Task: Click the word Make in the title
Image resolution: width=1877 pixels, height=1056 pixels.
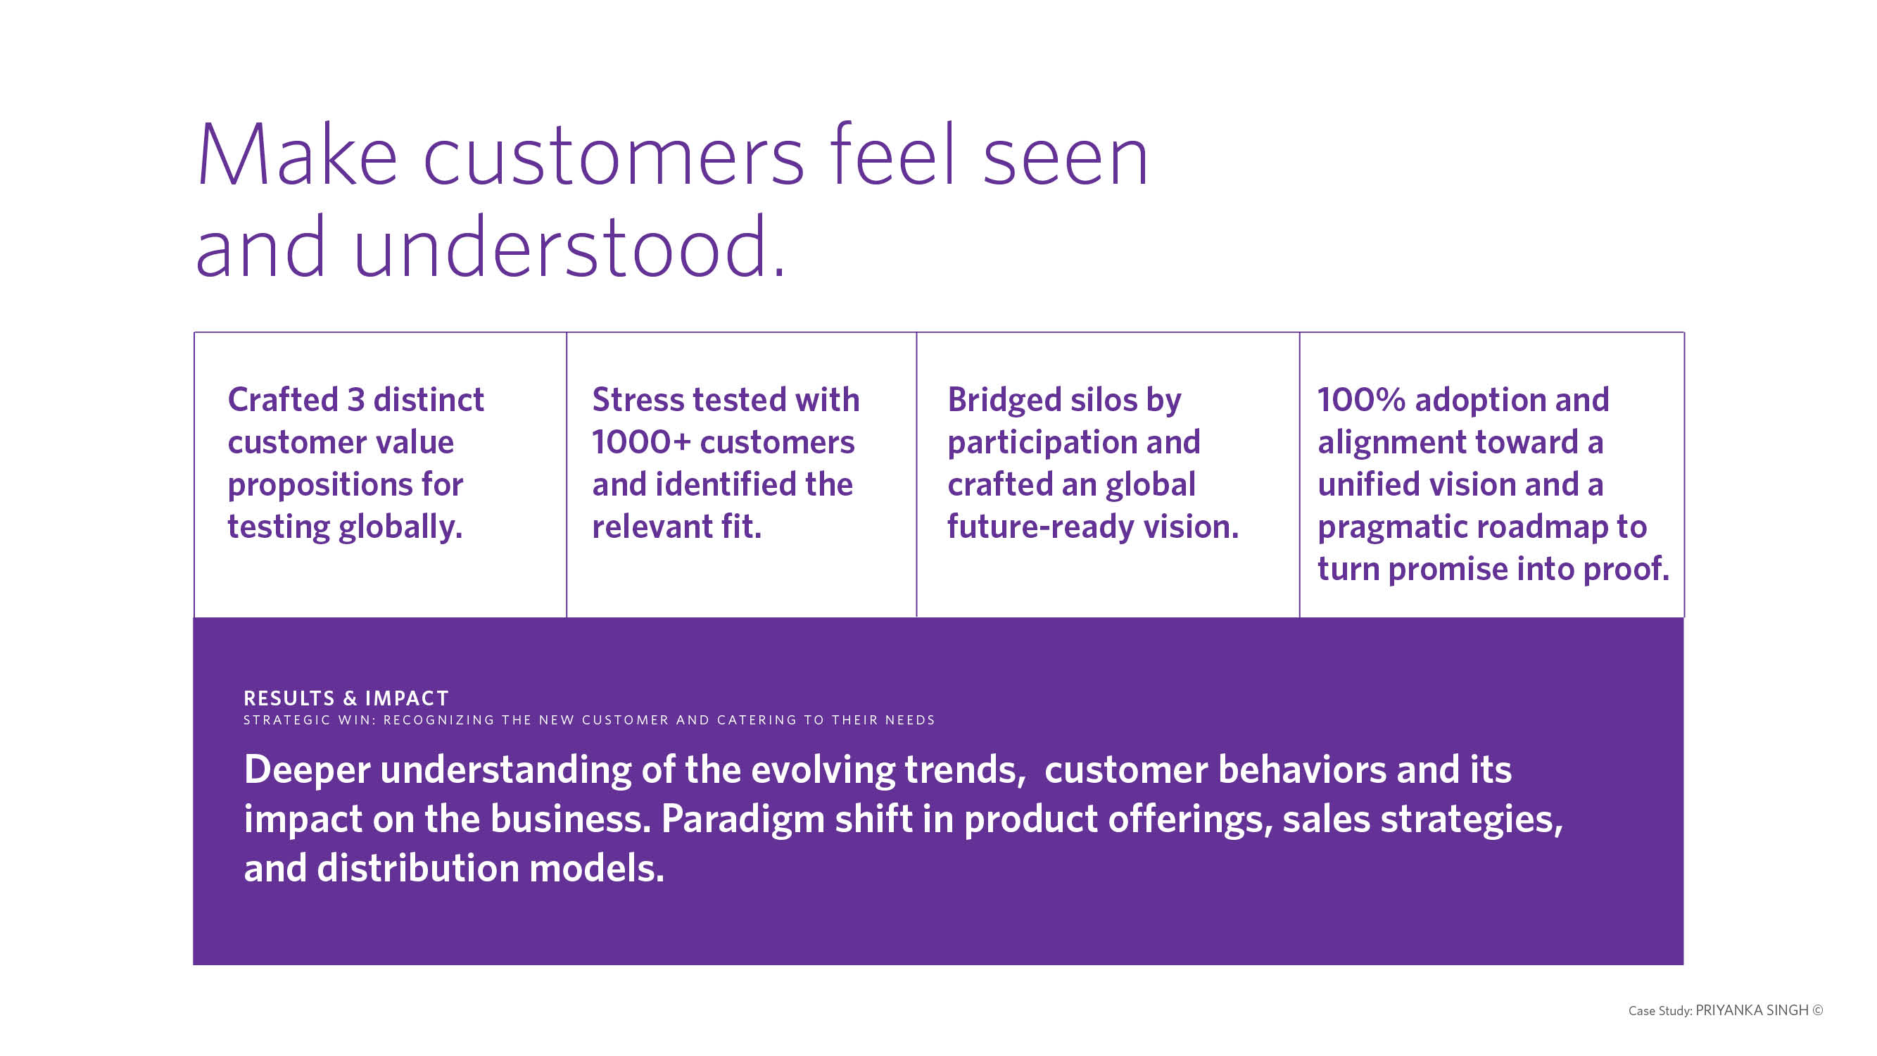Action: point(297,155)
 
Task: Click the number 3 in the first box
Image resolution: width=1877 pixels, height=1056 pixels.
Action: point(355,399)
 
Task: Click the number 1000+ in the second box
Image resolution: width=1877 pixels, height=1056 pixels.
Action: point(640,442)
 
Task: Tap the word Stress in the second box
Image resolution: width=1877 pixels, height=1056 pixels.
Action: point(638,399)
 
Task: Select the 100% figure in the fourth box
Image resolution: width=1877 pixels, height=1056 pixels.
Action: point(1361,399)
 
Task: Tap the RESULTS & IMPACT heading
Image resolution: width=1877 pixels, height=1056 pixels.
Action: point(346,698)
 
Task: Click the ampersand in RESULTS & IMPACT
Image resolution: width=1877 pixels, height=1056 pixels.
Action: point(350,698)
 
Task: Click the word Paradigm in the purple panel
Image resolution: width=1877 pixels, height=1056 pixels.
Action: point(743,820)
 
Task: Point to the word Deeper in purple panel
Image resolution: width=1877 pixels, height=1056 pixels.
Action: point(308,770)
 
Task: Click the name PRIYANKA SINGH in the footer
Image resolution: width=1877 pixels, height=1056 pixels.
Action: point(1752,1010)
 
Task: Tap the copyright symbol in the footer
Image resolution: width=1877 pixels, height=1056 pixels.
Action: point(1818,1010)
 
